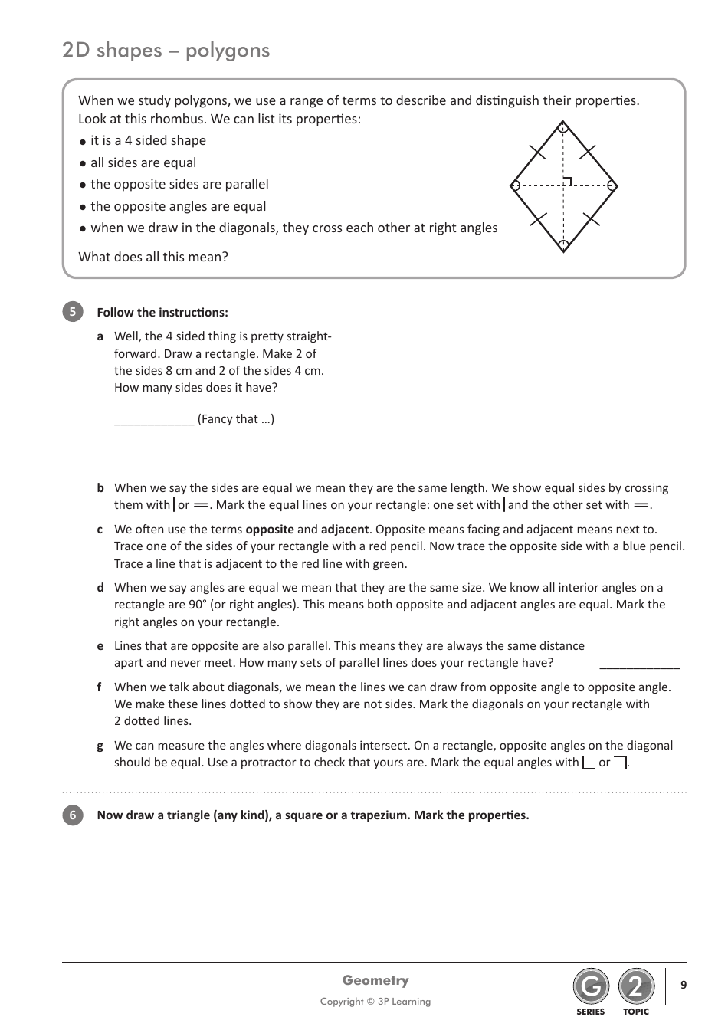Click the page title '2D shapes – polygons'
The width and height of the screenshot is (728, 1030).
pos(166,51)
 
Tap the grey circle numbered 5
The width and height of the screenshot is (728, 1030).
pos(72,312)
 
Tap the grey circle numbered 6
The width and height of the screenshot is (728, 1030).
pos(72,815)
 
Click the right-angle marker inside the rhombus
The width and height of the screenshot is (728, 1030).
pos(567,182)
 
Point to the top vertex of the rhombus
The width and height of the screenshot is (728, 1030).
pos(563,123)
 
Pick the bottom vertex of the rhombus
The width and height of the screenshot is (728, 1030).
pos(563,249)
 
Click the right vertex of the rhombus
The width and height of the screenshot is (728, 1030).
pos(614,185)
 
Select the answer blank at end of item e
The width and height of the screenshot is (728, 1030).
pos(639,664)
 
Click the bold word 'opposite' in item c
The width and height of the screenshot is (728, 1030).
pos(269,530)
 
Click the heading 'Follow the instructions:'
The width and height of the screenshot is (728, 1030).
pos(162,313)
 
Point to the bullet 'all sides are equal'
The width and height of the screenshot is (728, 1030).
pos(143,162)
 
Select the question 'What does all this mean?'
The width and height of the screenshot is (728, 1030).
pos(153,257)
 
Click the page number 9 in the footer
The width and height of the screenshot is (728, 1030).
pos(684,985)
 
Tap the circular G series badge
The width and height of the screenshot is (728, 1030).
pos(590,987)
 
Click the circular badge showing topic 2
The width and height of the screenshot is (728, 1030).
pos(636,987)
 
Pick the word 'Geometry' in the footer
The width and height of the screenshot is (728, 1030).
pos(375,980)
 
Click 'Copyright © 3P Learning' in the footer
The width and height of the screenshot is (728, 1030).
pos(375,1002)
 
